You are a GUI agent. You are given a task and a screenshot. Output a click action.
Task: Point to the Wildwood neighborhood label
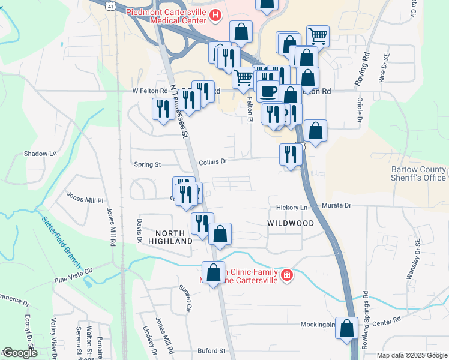click(291, 223)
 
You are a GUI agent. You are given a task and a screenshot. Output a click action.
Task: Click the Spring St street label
click(148, 164)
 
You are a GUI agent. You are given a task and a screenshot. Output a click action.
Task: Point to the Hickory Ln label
click(292, 208)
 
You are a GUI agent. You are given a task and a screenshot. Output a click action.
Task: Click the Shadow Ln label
click(40, 154)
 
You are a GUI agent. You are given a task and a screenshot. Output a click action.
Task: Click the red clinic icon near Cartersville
click(287, 275)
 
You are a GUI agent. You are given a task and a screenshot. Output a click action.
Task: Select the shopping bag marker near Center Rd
click(346, 328)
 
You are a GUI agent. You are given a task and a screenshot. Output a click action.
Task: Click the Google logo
click(19, 353)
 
